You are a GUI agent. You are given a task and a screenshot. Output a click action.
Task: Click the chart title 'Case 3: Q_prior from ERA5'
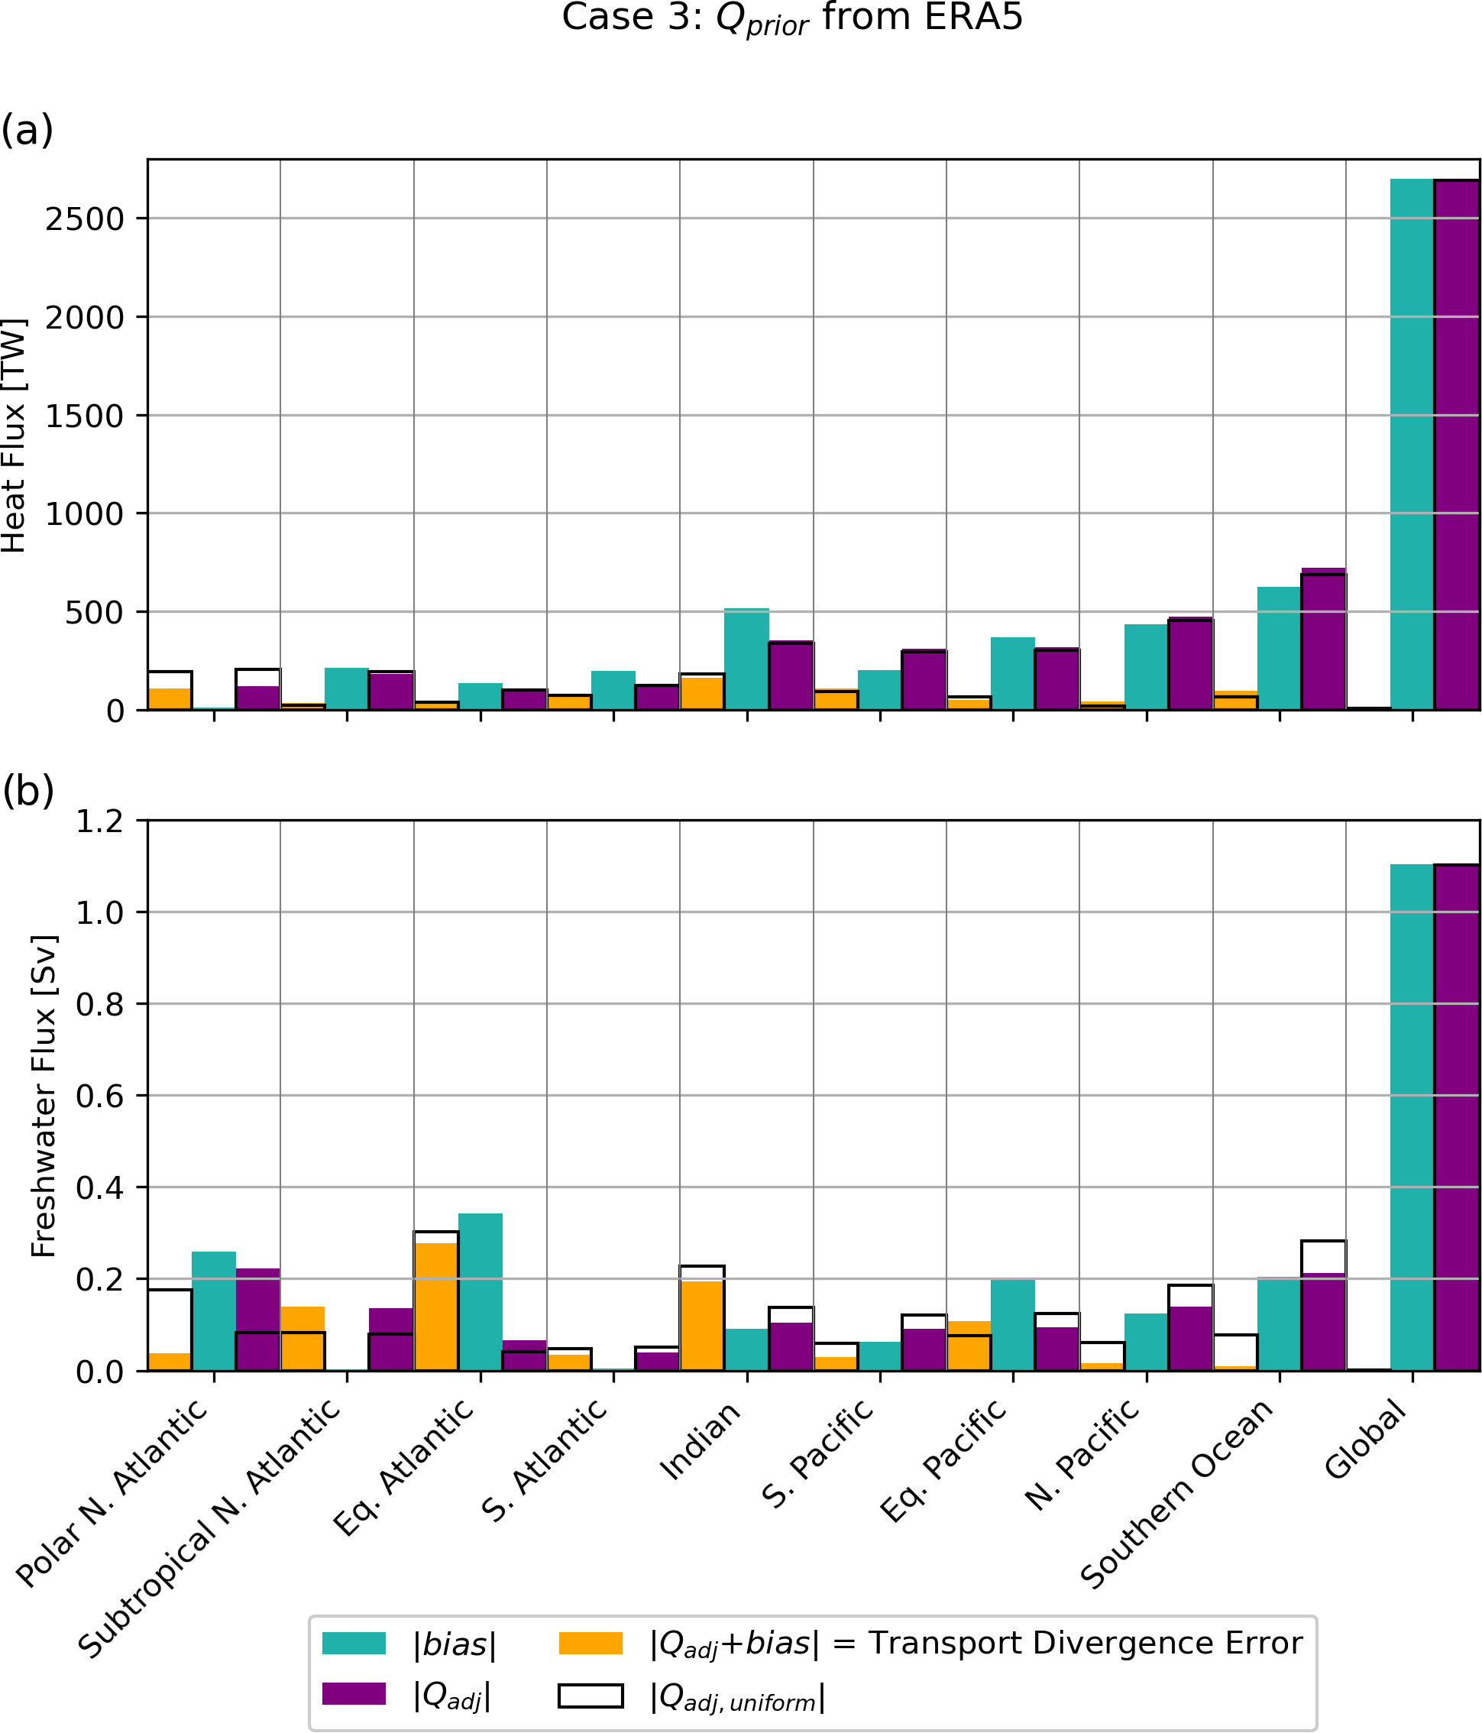click(791, 18)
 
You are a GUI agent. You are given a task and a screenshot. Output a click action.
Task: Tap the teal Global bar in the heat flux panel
click(1412, 443)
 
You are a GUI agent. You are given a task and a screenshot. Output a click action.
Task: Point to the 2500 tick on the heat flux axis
click(83, 219)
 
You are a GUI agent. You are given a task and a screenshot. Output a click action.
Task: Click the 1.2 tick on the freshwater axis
click(99, 821)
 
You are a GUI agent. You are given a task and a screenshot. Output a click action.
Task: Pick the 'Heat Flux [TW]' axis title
click(15, 435)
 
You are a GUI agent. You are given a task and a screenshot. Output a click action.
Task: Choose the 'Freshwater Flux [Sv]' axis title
click(43, 1096)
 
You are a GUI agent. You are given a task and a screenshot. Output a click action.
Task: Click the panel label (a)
click(27, 131)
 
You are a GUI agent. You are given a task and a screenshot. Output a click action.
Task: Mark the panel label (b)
click(28, 790)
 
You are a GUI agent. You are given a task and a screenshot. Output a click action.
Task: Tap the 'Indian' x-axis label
click(701, 1440)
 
